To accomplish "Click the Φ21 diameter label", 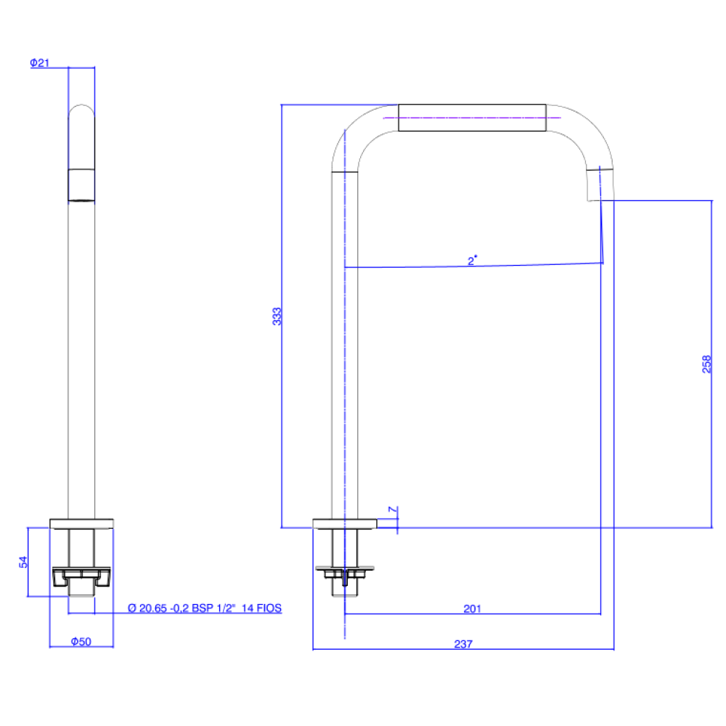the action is (40, 62).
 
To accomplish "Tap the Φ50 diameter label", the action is (81, 642).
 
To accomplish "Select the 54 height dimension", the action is (23, 562).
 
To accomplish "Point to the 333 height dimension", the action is (277, 317).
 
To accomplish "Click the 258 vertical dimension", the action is (706, 364).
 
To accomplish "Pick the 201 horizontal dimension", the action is (473, 609).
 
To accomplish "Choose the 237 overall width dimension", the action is (463, 644).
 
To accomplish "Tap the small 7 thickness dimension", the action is (393, 510).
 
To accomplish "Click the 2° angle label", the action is (473, 261).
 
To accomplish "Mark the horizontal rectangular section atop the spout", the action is (473, 118).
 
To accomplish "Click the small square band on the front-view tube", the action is (81, 185).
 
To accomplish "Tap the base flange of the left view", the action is (81, 523).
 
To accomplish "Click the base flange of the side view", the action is (345, 523).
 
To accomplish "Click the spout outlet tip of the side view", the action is (600, 185).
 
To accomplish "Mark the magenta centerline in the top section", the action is (473, 118).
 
